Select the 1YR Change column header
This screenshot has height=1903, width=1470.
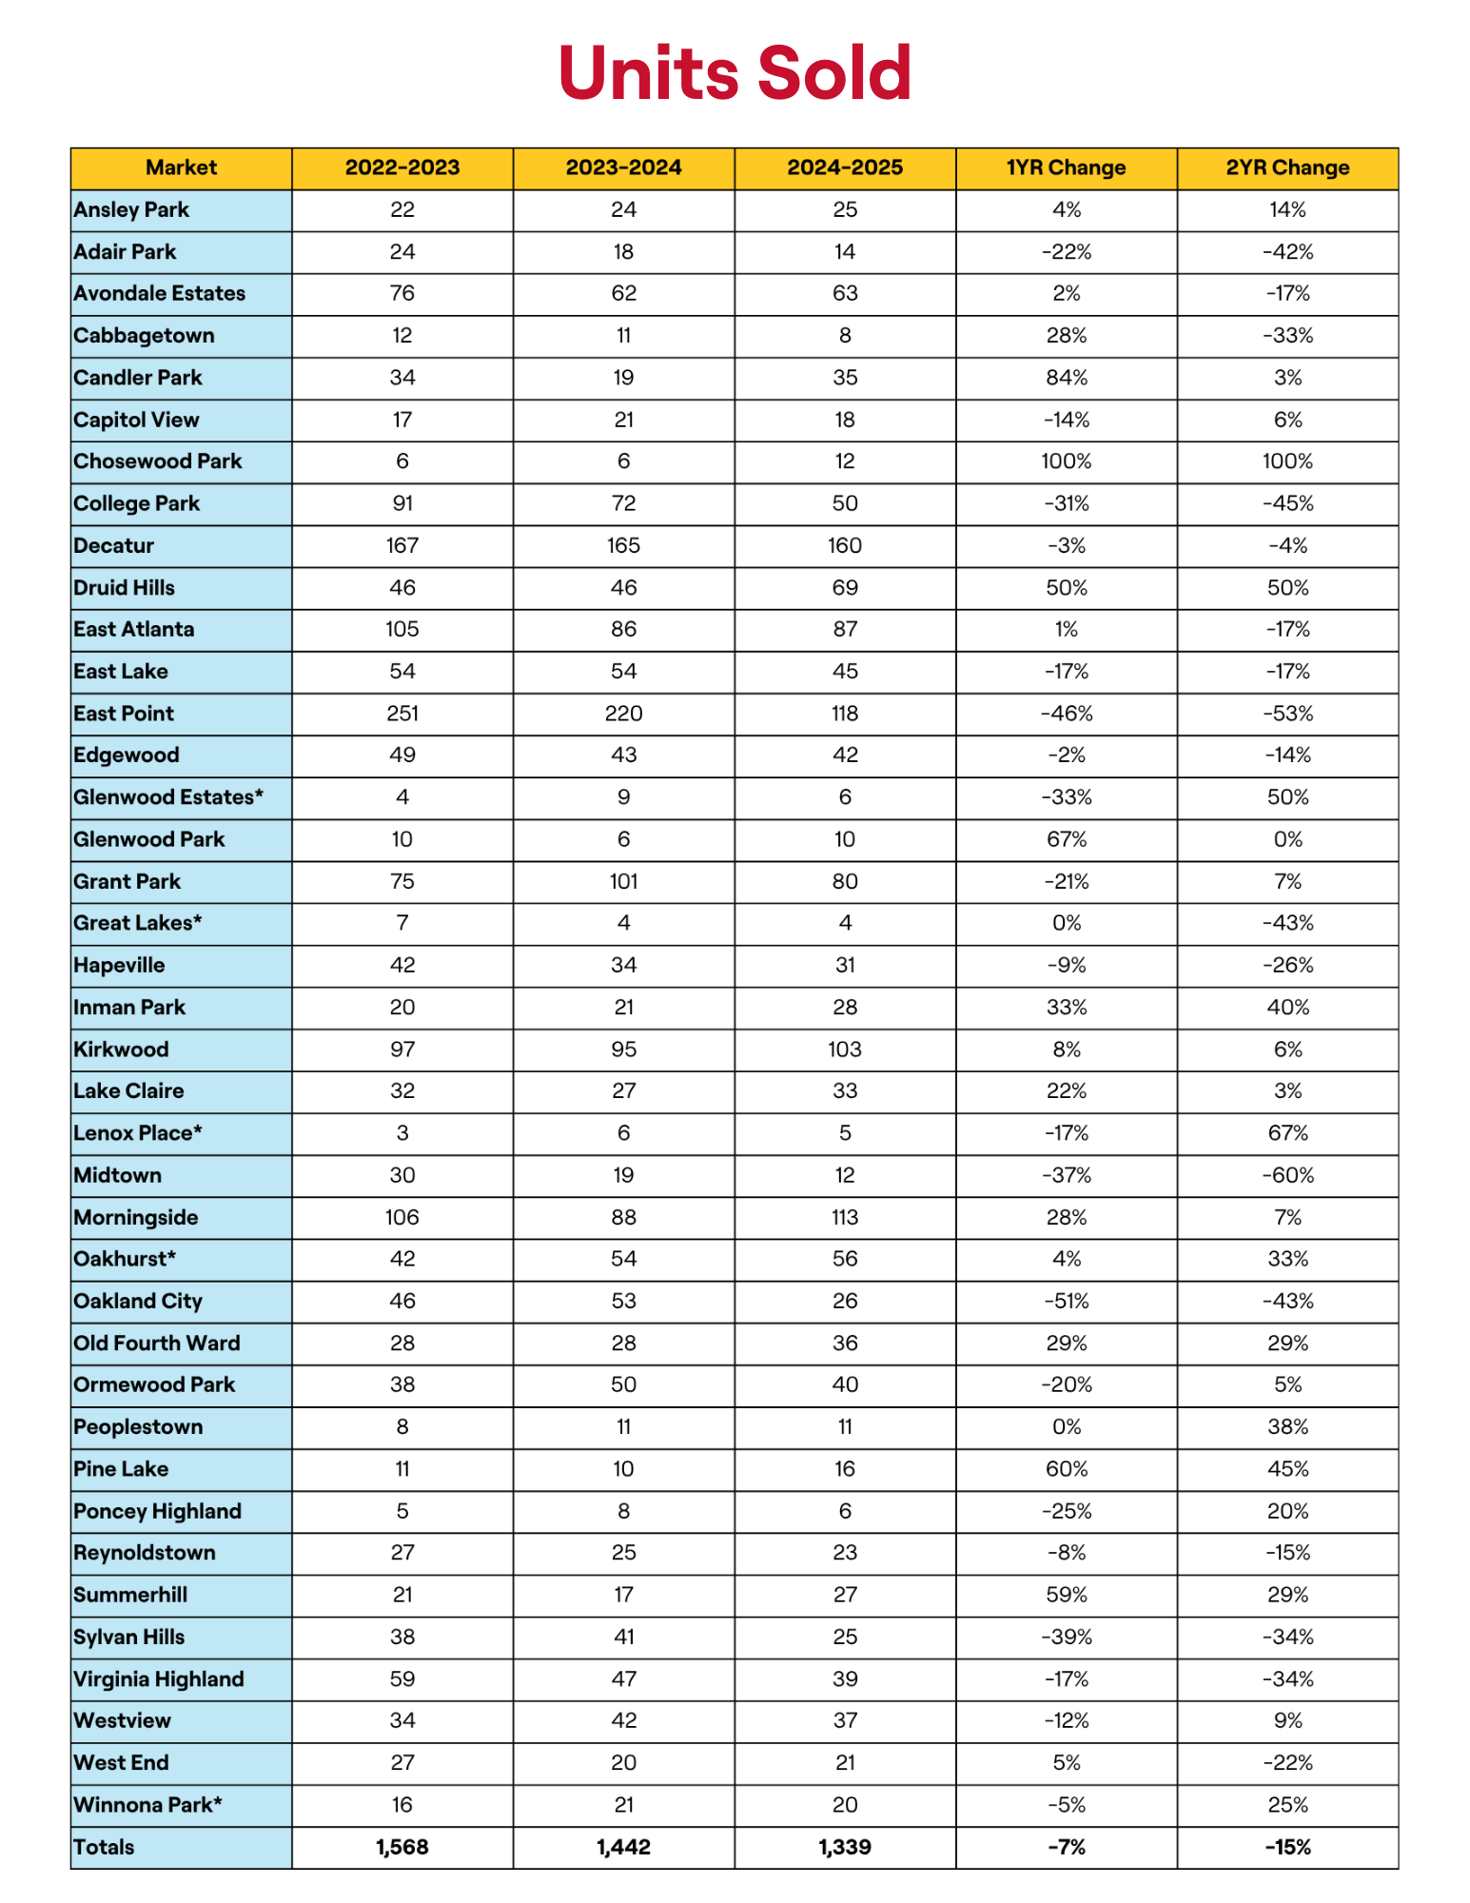click(1066, 167)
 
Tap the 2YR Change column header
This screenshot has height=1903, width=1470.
click(1287, 167)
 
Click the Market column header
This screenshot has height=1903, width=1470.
click(181, 167)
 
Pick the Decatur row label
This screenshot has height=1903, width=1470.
click(113, 545)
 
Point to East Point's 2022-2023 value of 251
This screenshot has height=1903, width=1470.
click(402, 714)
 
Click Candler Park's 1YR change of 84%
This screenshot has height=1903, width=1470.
click(1066, 378)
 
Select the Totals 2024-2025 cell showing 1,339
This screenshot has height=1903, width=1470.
click(844, 1847)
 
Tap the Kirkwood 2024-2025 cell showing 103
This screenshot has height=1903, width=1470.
click(844, 1050)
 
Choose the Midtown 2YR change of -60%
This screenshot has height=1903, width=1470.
click(1287, 1175)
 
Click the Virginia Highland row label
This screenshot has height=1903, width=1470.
click(158, 1679)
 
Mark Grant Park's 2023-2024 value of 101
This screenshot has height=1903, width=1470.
click(623, 881)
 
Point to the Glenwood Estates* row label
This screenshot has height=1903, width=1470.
click(167, 797)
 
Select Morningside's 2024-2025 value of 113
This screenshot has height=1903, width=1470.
click(844, 1217)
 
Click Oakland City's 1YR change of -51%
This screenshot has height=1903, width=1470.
click(1066, 1301)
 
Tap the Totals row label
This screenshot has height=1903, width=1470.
click(104, 1847)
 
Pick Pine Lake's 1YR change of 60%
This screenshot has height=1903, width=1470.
click(1066, 1469)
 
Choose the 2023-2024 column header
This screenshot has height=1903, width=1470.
click(623, 167)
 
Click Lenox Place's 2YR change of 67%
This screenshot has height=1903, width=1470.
click(1287, 1133)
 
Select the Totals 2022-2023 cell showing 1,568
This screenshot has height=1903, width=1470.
click(402, 1847)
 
